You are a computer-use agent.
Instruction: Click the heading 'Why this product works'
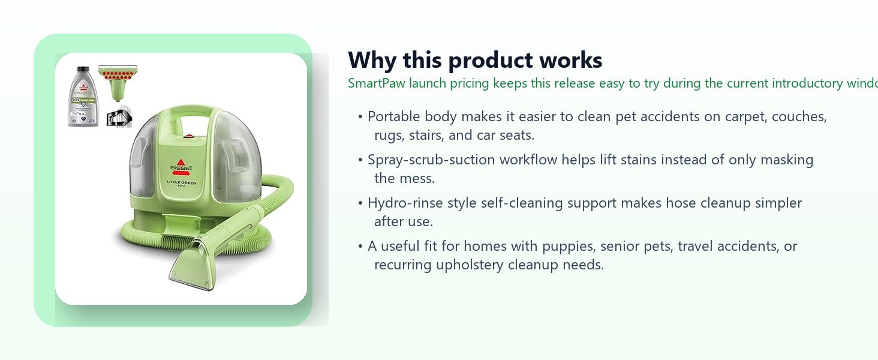point(475,61)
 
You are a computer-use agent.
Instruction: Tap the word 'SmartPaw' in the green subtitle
point(377,83)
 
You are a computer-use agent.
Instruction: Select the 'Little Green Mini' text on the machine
point(181,183)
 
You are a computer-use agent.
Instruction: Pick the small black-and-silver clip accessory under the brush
point(119,117)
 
